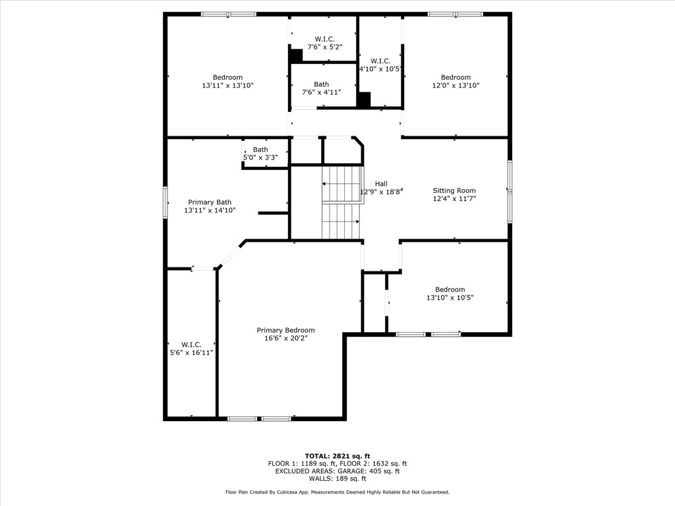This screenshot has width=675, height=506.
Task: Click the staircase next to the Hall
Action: point(341,203)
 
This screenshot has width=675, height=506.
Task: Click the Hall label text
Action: point(381,184)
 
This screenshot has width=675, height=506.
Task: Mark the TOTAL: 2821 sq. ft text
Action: point(337,456)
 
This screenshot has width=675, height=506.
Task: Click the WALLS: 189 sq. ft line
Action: point(337,479)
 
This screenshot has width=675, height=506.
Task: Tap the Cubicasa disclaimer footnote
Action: point(337,492)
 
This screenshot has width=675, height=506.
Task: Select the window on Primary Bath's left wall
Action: point(165,201)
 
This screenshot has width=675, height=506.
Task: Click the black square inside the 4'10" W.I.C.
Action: point(363,99)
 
